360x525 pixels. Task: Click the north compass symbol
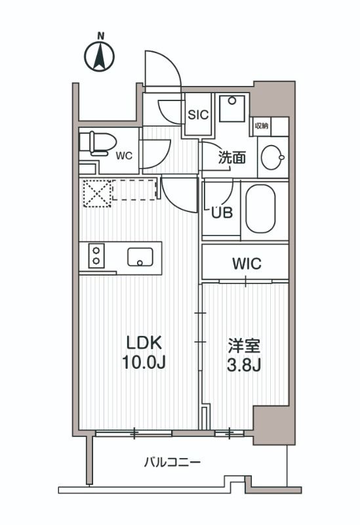(100, 57)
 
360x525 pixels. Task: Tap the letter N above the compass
(100, 35)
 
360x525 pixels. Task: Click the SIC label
(198, 114)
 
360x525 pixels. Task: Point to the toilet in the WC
(97, 142)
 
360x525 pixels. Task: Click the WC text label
(124, 156)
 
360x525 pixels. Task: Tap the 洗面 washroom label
(232, 157)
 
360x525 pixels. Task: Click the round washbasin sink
(272, 157)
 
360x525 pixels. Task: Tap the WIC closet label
(247, 264)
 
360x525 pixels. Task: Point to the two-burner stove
(96, 255)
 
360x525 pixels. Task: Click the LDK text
(144, 343)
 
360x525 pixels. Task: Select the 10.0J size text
(144, 362)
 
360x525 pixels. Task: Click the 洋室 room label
(244, 343)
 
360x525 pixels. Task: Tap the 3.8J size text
(244, 364)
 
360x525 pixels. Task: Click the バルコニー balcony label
(172, 463)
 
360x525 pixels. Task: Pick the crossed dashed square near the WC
(96, 192)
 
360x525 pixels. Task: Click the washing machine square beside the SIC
(232, 108)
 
